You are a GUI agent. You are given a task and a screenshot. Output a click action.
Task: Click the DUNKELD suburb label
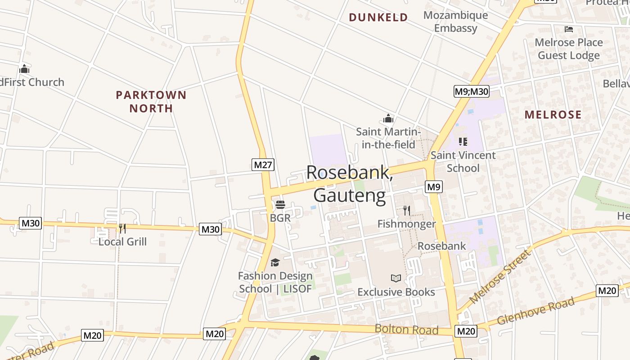coord(378,18)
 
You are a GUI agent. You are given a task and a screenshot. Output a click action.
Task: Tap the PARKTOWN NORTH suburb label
coord(151,101)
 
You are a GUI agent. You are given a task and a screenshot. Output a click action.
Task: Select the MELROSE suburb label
coord(553,115)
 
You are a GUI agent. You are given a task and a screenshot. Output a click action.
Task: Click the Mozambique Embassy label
coord(455,22)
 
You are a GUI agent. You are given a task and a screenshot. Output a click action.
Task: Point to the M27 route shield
coord(263,165)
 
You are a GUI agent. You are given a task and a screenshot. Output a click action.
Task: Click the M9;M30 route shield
coord(471,92)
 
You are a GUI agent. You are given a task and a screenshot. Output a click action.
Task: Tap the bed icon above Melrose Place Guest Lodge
coord(569,29)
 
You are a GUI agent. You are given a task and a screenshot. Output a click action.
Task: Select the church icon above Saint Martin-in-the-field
coord(388,119)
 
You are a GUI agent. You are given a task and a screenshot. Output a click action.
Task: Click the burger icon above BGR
coord(280,205)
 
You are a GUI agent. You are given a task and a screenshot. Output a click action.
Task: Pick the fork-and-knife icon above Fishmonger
coord(406,210)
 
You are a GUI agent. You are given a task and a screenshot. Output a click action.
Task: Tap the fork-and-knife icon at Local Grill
coord(122,229)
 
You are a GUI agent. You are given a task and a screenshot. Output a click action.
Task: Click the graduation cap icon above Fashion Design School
coord(275,262)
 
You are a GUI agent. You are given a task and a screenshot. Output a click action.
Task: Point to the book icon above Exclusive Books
coord(396,279)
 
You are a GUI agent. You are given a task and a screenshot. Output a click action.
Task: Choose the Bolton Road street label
coord(406,329)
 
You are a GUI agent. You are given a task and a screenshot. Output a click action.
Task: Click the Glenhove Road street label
coord(535,311)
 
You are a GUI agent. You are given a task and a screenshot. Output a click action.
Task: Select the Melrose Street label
coord(500,277)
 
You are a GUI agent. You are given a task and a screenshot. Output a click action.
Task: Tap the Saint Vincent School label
coord(463,162)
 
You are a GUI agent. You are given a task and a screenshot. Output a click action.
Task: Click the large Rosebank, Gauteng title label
coord(350,184)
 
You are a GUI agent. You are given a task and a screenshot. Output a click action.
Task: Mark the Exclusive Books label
coord(396,292)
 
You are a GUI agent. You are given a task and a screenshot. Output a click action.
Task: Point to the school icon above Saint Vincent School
coord(463,142)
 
